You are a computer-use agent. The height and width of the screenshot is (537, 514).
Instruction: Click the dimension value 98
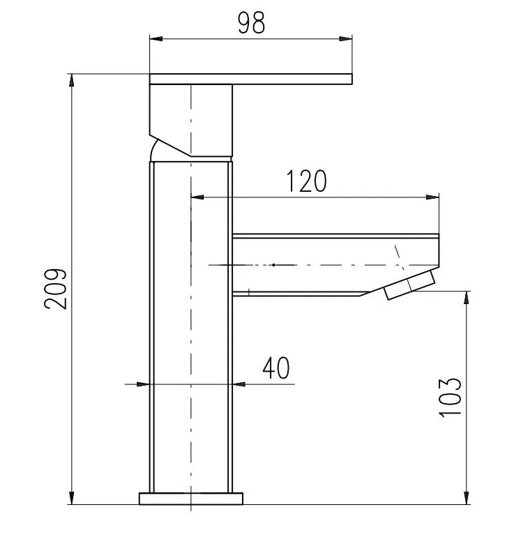251,23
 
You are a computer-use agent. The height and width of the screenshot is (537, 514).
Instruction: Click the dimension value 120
305,181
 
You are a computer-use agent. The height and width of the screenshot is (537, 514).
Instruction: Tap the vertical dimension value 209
56,288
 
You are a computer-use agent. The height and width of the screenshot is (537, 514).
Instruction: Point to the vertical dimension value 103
451,398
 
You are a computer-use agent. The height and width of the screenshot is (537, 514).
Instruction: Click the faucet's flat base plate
191,498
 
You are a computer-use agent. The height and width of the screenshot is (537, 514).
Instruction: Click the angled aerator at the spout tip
410,287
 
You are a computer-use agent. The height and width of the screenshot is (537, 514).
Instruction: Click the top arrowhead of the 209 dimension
72,80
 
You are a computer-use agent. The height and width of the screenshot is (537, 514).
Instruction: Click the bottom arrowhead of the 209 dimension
72,497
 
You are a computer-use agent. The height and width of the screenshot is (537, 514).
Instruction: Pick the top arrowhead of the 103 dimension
465,298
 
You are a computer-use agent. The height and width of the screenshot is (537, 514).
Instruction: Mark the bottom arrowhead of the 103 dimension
465,497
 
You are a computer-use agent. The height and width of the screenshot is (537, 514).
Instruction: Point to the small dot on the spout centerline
274,265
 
